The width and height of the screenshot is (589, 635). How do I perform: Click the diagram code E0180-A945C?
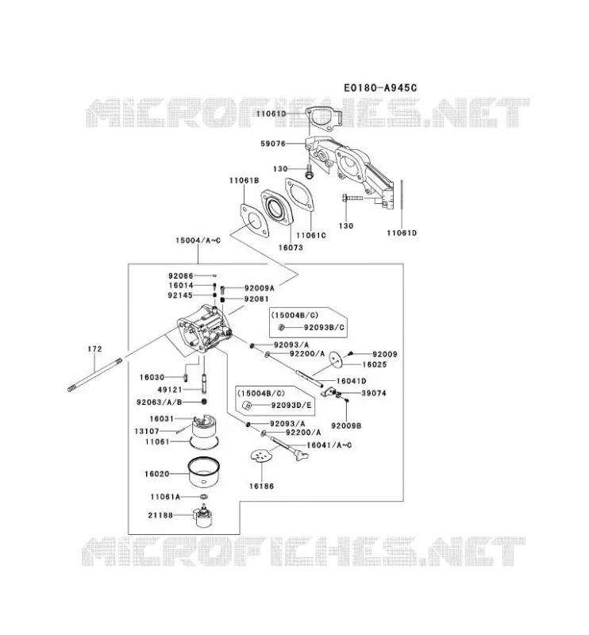click(x=380, y=87)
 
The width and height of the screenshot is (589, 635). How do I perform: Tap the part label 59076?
click(x=272, y=144)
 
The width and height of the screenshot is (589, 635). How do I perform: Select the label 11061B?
click(x=244, y=180)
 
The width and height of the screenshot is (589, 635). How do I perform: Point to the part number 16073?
click(x=291, y=247)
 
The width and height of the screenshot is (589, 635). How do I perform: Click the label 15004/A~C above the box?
click(x=198, y=241)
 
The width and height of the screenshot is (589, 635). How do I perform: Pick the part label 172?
click(x=94, y=348)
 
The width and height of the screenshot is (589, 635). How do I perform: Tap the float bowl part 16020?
click(x=204, y=472)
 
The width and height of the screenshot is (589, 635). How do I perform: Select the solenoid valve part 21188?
click(x=205, y=515)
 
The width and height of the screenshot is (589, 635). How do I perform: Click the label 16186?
click(x=261, y=486)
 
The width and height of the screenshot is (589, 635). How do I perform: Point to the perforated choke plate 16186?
click(x=261, y=455)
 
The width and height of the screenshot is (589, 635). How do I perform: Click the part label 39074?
click(x=374, y=393)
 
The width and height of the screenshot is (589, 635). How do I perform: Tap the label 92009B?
click(x=346, y=425)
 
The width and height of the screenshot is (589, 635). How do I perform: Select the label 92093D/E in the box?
click(x=291, y=405)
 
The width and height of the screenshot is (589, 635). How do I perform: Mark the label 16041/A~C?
click(x=329, y=445)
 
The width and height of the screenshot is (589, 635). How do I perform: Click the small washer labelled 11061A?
click(x=204, y=497)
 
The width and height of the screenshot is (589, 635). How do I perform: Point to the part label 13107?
click(x=147, y=431)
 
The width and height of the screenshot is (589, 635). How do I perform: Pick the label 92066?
click(x=181, y=275)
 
